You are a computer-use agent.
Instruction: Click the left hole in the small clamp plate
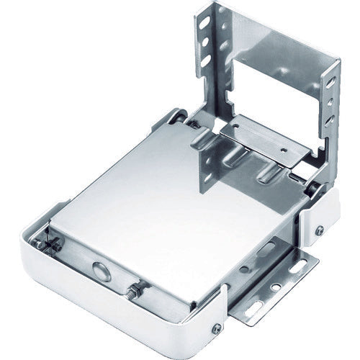click(x=229, y=130)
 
